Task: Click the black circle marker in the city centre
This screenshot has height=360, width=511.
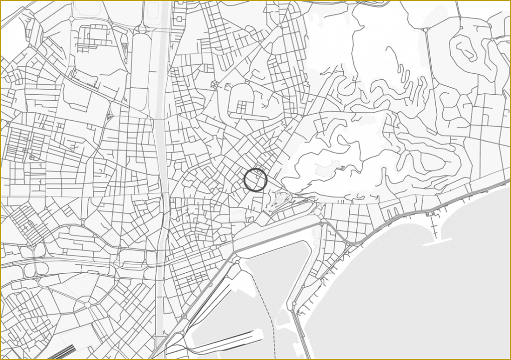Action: point(255,180)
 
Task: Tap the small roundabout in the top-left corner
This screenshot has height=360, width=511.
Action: point(71,18)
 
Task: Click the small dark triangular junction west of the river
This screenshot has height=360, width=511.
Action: point(108,117)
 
